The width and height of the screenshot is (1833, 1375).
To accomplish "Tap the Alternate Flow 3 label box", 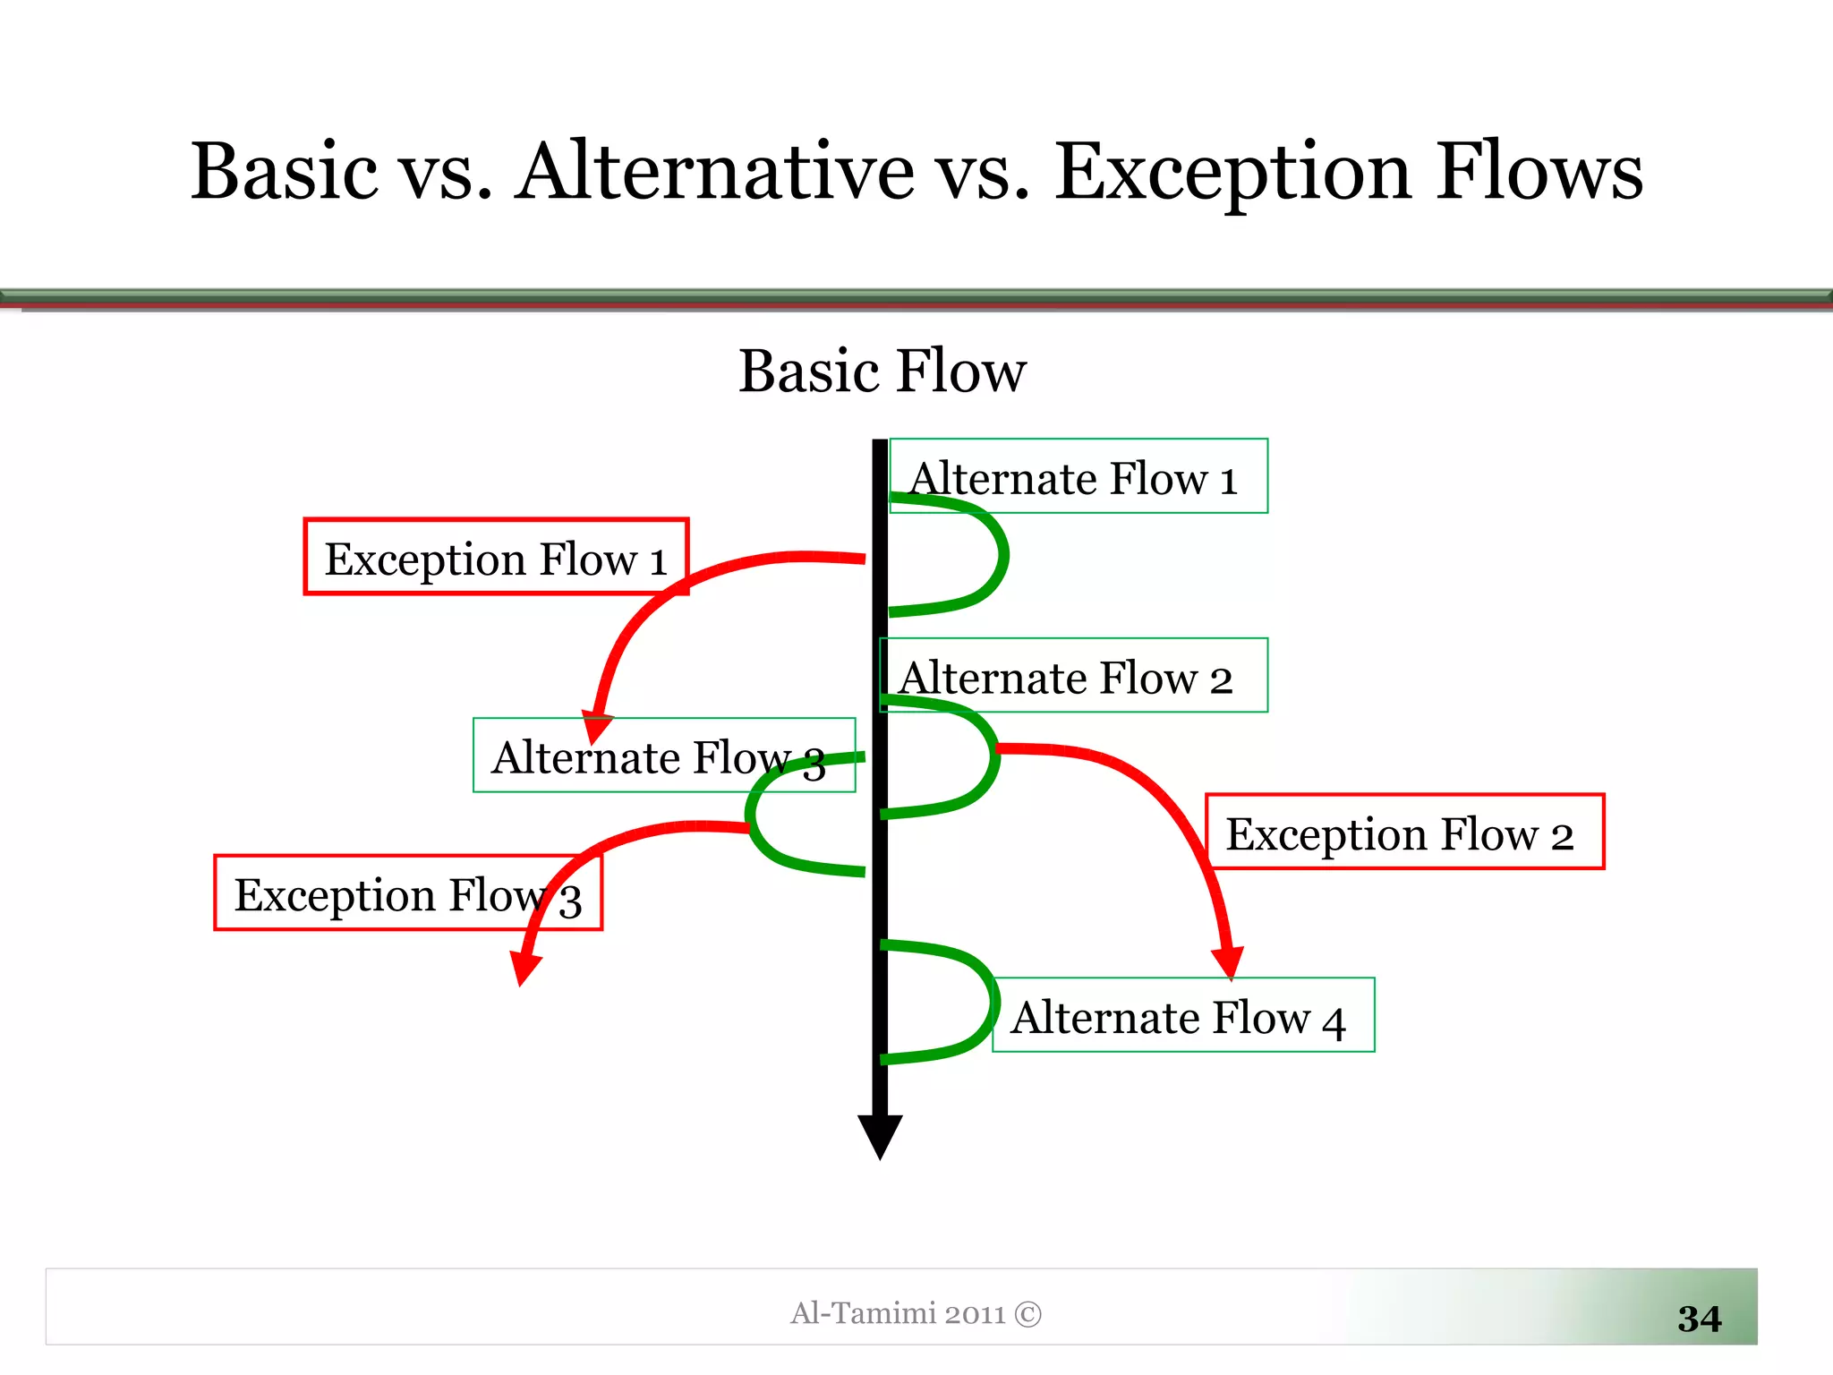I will coord(662,755).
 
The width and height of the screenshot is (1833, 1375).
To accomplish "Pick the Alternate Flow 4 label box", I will coord(1183,1015).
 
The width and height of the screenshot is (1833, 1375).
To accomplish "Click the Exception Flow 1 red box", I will coord(495,556).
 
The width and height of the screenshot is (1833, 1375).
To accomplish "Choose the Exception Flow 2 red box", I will coord(1403,832).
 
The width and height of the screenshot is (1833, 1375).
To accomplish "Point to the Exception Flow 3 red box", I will coord(407,893).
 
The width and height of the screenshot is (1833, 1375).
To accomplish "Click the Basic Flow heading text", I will coord(882,371).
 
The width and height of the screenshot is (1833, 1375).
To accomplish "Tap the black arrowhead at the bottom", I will coord(880,1135).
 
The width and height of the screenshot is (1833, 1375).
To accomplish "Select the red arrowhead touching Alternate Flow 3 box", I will coord(596,726).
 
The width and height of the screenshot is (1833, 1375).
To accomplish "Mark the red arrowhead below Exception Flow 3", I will coord(524,969).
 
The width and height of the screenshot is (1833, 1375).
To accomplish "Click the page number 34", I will coord(1699,1318).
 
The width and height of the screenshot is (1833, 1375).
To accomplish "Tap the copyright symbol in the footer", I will coord(1028,1314).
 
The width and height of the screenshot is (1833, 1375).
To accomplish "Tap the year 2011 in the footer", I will coord(975,1314).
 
